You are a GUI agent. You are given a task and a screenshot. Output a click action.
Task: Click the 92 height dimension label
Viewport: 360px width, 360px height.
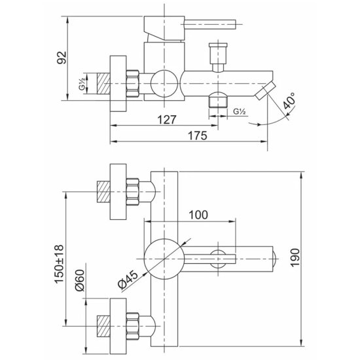click(62, 58)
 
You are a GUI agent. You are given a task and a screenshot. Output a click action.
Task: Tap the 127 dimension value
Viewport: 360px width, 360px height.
click(167, 119)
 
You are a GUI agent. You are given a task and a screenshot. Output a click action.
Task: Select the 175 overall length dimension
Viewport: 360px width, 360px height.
click(198, 135)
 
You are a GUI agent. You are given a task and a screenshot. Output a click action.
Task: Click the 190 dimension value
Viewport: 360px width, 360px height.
click(295, 258)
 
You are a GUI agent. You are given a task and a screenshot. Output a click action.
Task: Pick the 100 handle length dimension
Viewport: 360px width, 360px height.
click(198, 215)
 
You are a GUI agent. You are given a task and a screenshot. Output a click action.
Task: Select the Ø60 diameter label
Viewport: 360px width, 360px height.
click(80, 280)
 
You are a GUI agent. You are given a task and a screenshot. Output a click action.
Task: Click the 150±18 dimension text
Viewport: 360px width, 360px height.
click(59, 264)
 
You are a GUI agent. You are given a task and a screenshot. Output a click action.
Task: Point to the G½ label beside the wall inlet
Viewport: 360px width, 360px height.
click(82, 84)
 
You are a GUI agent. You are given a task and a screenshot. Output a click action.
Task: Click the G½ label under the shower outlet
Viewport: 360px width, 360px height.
click(240, 111)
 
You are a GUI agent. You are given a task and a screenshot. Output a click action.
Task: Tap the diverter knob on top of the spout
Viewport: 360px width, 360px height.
click(218, 57)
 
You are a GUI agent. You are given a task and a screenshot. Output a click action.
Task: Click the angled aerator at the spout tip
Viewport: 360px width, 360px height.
click(265, 91)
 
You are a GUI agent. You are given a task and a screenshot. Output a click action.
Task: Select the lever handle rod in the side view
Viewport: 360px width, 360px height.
click(210, 24)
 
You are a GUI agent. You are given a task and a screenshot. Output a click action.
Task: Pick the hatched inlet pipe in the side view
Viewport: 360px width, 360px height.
click(103, 83)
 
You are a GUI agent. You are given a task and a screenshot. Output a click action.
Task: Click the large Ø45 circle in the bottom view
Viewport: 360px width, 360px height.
click(164, 259)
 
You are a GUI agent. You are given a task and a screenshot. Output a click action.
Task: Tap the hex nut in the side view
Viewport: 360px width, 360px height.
click(133, 83)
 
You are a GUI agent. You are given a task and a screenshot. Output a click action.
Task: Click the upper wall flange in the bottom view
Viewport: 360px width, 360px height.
click(118, 192)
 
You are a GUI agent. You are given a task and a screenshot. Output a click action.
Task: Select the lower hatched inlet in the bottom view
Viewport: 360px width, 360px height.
click(103, 326)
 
